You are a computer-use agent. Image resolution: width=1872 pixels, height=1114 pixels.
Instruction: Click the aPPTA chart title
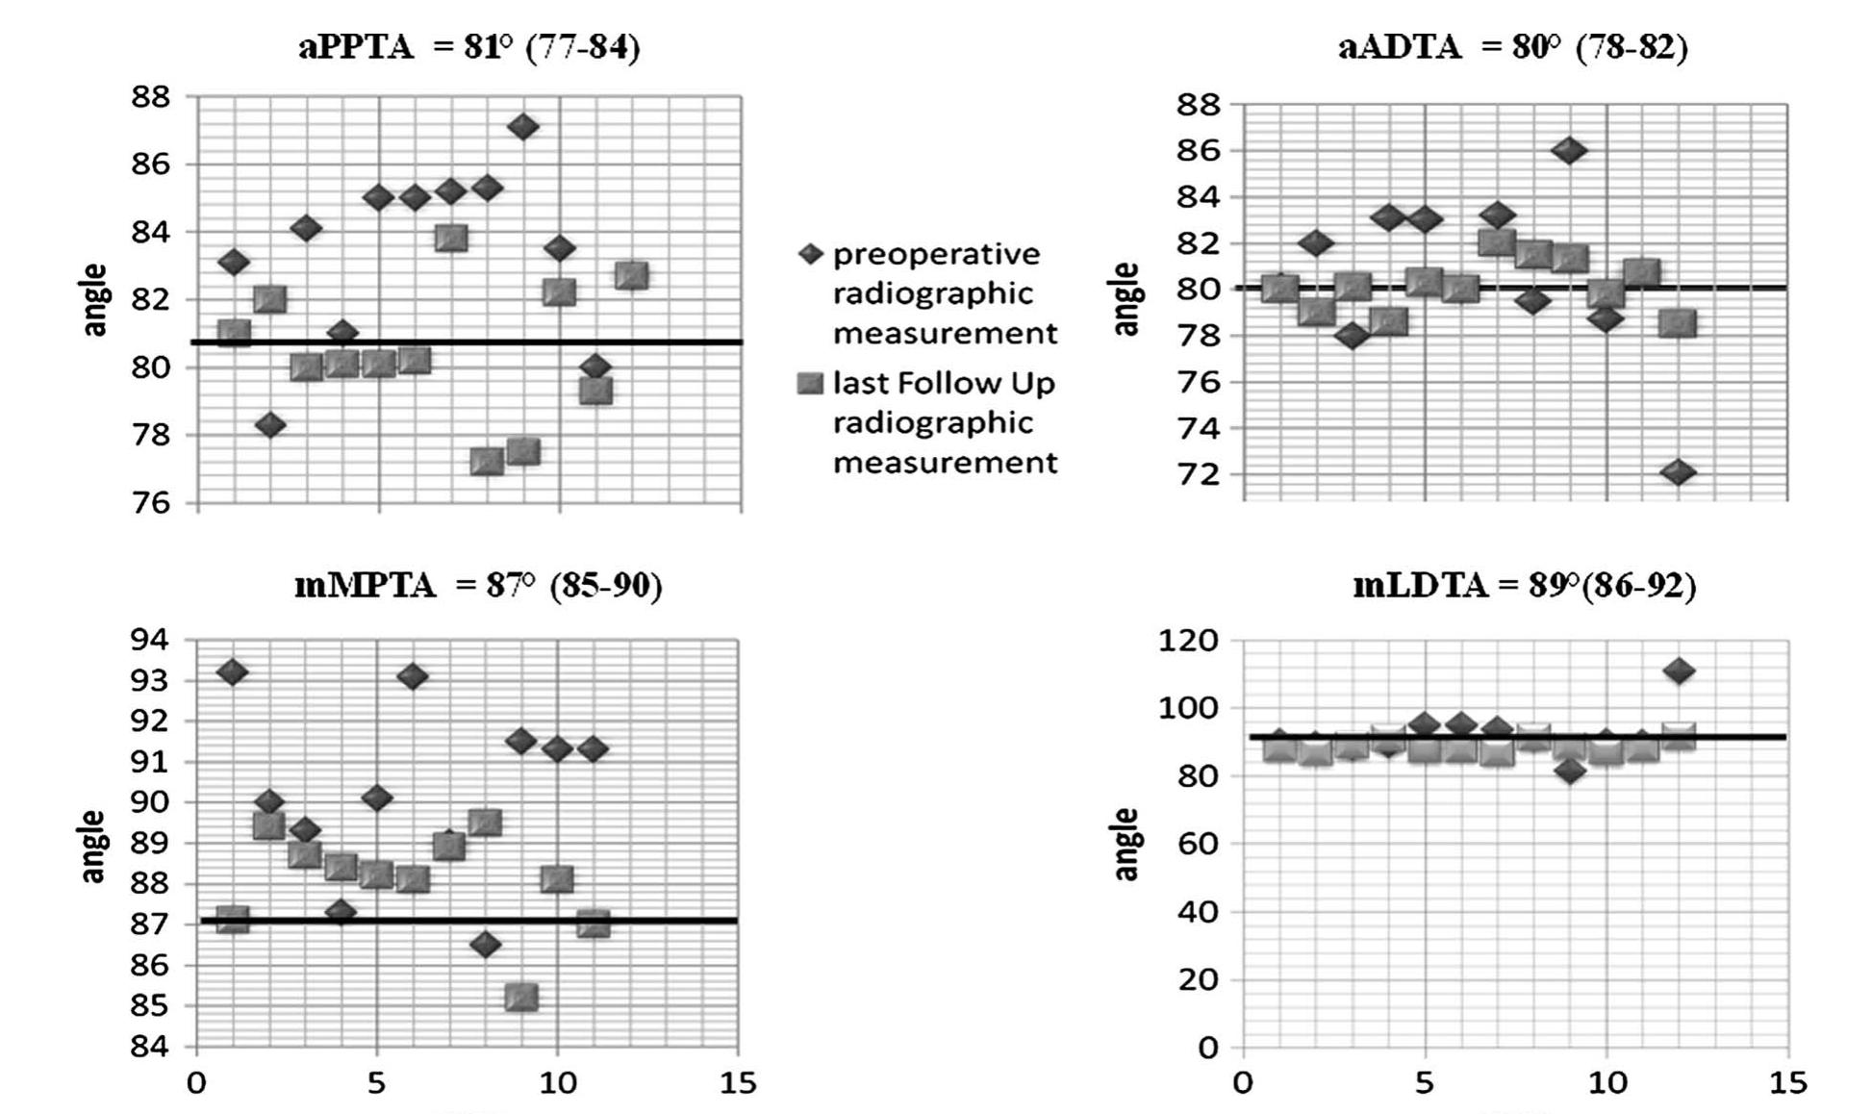[468, 46]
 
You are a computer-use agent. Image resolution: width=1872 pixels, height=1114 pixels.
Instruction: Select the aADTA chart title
[1512, 46]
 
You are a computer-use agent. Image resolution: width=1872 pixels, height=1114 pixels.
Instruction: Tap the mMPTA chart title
[478, 584]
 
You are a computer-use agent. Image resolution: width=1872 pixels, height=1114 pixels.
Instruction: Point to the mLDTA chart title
[1524, 584]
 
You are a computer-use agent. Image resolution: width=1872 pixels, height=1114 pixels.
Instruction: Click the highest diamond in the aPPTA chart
[522, 126]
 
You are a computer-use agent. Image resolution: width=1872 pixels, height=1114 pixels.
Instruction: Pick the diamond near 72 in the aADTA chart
[1678, 472]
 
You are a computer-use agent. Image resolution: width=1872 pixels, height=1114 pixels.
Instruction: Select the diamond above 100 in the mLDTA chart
[1679, 671]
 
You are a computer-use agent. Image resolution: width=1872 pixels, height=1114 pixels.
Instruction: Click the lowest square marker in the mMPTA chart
[520, 997]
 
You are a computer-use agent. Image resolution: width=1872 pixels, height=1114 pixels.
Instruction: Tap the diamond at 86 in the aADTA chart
[1569, 150]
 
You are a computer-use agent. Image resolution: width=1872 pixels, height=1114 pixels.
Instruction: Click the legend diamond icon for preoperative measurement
[812, 254]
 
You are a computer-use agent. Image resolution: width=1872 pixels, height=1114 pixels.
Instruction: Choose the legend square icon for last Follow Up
[812, 384]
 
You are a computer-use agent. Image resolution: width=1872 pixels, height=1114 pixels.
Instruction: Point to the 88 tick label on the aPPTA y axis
[151, 97]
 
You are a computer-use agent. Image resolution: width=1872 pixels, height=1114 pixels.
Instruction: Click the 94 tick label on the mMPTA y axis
[149, 640]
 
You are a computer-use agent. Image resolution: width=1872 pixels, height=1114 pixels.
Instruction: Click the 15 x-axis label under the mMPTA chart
[738, 1083]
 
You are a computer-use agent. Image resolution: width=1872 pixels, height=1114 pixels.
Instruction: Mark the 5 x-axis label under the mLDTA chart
[1425, 1083]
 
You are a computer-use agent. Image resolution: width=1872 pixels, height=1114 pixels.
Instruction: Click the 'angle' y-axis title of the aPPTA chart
[94, 299]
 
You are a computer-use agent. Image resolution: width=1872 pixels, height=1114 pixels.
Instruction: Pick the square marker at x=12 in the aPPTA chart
[631, 276]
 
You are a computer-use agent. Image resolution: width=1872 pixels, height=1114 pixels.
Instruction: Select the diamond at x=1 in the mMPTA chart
[232, 671]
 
